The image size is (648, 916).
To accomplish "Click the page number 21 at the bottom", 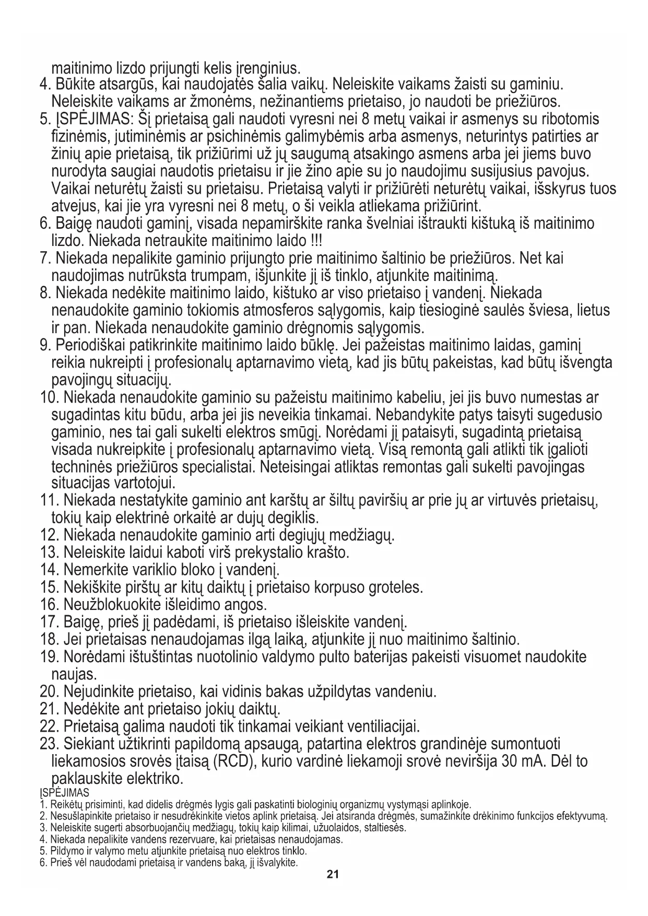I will point(333,874).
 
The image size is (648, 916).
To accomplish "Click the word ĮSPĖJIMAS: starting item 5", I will point(93,120).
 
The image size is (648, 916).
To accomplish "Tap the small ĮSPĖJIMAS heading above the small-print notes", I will point(64,792).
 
